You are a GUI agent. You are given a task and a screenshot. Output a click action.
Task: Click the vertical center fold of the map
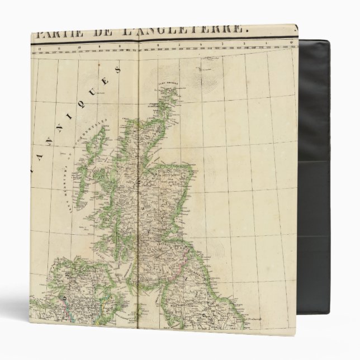tap(138, 196)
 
